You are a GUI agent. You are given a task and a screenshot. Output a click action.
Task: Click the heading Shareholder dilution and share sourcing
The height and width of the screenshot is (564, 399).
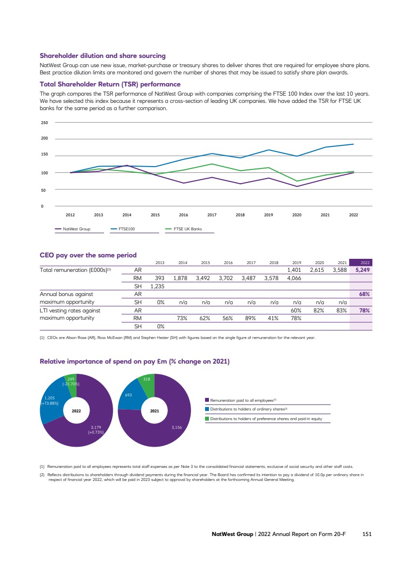click(x=103, y=56)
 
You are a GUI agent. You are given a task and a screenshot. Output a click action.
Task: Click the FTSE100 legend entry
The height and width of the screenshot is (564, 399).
click(x=127, y=229)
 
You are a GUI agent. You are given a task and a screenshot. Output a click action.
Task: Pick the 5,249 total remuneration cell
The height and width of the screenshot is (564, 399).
click(x=363, y=270)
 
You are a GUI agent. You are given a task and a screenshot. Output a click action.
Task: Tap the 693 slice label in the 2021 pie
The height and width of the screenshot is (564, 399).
click(x=129, y=395)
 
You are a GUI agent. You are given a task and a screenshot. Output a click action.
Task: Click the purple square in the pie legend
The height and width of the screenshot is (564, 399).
click(x=207, y=400)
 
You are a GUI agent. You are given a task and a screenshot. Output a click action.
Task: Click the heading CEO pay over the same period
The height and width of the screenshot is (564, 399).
click(x=88, y=255)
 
